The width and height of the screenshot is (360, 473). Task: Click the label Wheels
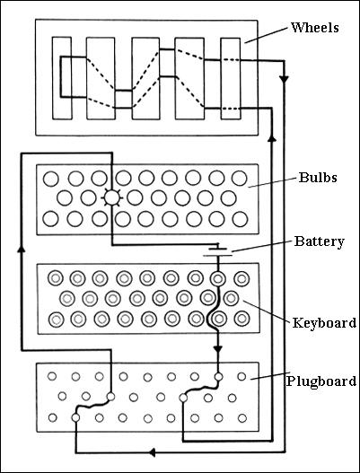click(x=315, y=28)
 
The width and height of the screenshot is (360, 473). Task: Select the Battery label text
click(x=316, y=241)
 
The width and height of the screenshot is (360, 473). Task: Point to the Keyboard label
click(x=325, y=322)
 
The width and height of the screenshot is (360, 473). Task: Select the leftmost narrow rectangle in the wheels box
click(x=61, y=78)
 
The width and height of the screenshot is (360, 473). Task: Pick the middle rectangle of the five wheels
click(x=145, y=78)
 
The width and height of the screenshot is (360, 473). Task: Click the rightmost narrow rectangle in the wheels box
click(x=231, y=78)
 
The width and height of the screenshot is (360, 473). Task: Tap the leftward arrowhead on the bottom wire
click(x=151, y=451)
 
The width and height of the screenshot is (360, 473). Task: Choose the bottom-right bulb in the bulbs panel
click(x=238, y=218)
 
